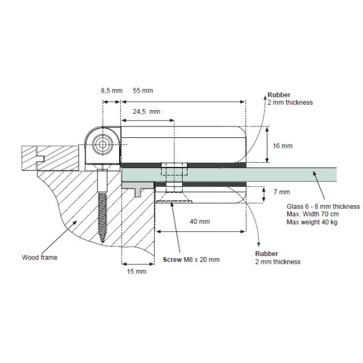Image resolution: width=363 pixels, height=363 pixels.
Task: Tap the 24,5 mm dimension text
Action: tap(146, 112)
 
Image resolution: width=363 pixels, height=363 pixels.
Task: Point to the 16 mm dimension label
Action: tap(283, 146)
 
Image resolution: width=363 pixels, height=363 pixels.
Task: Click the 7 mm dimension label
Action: tap(282, 192)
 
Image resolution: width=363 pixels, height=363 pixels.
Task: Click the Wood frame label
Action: tap(40, 257)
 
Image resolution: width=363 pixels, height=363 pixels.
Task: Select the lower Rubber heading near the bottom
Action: tap(266, 253)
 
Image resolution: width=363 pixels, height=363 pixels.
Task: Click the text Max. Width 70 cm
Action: tap(313, 215)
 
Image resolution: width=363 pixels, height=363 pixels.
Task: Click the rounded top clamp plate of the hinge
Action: tap(181, 142)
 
